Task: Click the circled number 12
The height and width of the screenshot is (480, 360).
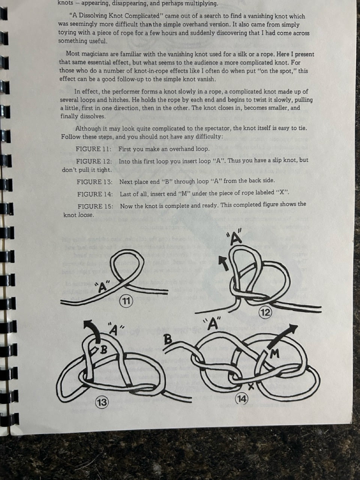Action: [x=265, y=312]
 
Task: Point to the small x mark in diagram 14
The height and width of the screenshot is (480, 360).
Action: [x=251, y=387]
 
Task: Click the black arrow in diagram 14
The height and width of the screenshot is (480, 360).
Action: [x=283, y=336]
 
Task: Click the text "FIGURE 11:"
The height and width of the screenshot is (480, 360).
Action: [x=93, y=149]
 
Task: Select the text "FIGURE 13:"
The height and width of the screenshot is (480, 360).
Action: [x=94, y=182]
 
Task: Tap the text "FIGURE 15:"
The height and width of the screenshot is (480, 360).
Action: [x=96, y=206]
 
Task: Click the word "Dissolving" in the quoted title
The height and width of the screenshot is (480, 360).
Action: [x=105, y=16]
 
